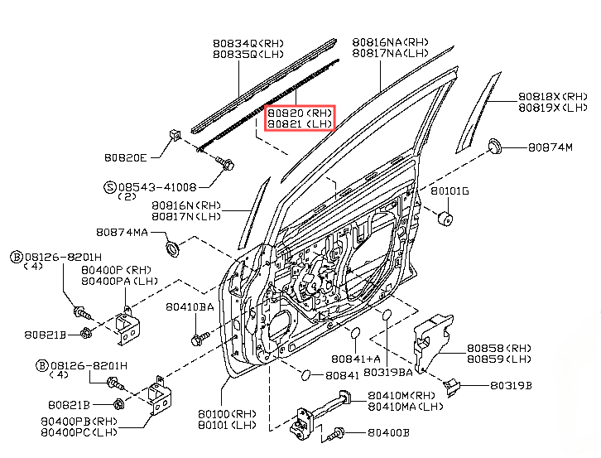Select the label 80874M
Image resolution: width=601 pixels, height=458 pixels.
pyautogui.click(x=550, y=147)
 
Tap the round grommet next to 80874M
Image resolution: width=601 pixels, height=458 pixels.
pyautogui.click(x=496, y=147)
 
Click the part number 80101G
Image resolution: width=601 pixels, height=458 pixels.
pyautogui.click(x=450, y=190)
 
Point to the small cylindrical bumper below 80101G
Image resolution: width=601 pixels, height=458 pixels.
pyautogui.click(x=444, y=219)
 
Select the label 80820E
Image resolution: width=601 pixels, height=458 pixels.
pyautogui.click(x=126, y=157)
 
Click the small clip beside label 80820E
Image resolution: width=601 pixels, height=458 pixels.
pyautogui.click(x=174, y=135)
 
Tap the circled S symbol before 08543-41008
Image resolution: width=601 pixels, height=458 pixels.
pyautogui.click(x=110, y=187)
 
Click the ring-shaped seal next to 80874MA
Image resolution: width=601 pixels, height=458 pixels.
pyautogui.click(x=174, y=248)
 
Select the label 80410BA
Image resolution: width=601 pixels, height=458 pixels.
pyautogui.click(x=190, y=306)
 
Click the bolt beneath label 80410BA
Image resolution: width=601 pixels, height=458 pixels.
pyautogui.click(x=197, y=338)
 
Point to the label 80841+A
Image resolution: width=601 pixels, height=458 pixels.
pyautogui.click(x=356, y=359)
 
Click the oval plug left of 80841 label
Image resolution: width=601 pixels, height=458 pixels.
pyautogui.click(x=306, y=375)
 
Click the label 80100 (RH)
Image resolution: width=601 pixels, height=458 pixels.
pyautogui.click(x=227, y=412)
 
